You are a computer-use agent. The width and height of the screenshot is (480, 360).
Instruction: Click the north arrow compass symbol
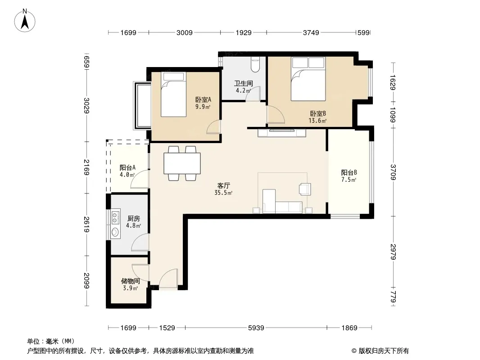[x=25, y=21]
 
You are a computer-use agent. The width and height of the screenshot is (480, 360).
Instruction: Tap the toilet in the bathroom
[x=255, y=64]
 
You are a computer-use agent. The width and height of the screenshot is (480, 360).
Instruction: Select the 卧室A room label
[x=203, y=100]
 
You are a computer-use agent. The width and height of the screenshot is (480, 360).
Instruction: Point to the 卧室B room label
[x=318, y=113]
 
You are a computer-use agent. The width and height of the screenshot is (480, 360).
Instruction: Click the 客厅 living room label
[x=223, y=186]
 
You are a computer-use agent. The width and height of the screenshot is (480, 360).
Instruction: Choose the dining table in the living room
[x=182, y=163]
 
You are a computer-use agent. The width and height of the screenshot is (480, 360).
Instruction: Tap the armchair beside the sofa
[x=305, y=189]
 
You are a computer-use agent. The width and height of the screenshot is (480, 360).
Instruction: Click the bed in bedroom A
[x=173, y=94]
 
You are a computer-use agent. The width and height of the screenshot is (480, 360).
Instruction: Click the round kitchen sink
[x=115, y=232]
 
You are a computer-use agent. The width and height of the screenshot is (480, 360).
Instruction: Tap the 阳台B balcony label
[x=349, y=172]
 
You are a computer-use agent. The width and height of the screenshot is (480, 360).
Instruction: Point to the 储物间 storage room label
[x=131, y=281]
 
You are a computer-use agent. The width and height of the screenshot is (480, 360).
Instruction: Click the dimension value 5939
[x=256, y=328]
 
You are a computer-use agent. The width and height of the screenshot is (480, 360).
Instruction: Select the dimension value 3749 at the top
[x=311, y=32]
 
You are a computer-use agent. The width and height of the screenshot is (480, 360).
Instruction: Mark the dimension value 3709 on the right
[x=393, y=172]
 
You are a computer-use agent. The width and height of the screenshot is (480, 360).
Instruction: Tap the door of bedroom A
[x=213, y=126]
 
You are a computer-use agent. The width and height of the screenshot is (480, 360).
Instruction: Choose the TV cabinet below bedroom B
[x=282, y=133]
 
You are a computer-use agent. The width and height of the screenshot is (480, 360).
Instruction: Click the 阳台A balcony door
[x=140, y=179]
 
